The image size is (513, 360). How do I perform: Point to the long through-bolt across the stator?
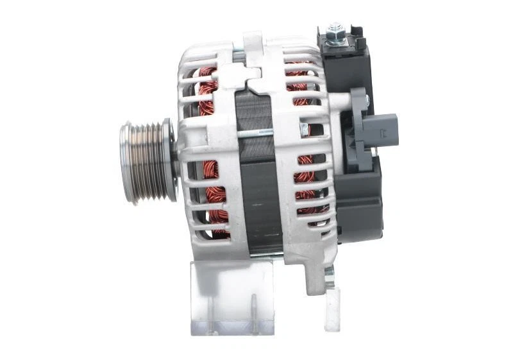click(x=256, y=133)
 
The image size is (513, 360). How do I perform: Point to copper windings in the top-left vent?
click(x=206, y=90)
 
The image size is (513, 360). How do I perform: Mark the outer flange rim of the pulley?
click(x=169, y=160)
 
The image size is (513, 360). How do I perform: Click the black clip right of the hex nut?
click(x=356, y=39)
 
